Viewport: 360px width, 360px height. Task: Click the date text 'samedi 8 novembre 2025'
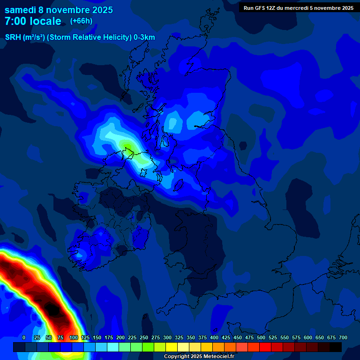[x=59, y=10]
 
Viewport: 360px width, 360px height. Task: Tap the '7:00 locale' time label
[x=33, y=21]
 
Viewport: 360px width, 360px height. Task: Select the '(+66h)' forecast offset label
[x=81, y=21]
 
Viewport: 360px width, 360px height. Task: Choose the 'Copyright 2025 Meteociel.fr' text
[x=199, y=356]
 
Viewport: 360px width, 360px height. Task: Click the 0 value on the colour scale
[x=24, y=337]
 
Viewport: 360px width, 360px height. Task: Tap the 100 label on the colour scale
[x=73, y=337]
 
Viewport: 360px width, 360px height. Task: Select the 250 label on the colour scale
[x=144, y=337]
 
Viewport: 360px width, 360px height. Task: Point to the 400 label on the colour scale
[x=214, y=337]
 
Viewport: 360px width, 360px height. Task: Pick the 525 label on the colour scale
[x=273, y=337]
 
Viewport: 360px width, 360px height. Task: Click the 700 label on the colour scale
[x=343, y=337]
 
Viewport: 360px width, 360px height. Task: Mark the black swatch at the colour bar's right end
[x=336, y=347]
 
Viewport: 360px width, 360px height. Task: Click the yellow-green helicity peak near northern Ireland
[x=127, y=145]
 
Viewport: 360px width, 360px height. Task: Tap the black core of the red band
[x=52, y=310]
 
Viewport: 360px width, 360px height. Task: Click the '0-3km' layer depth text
[x=144, y=37]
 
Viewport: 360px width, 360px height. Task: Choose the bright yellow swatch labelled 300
[x=172, y=347]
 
